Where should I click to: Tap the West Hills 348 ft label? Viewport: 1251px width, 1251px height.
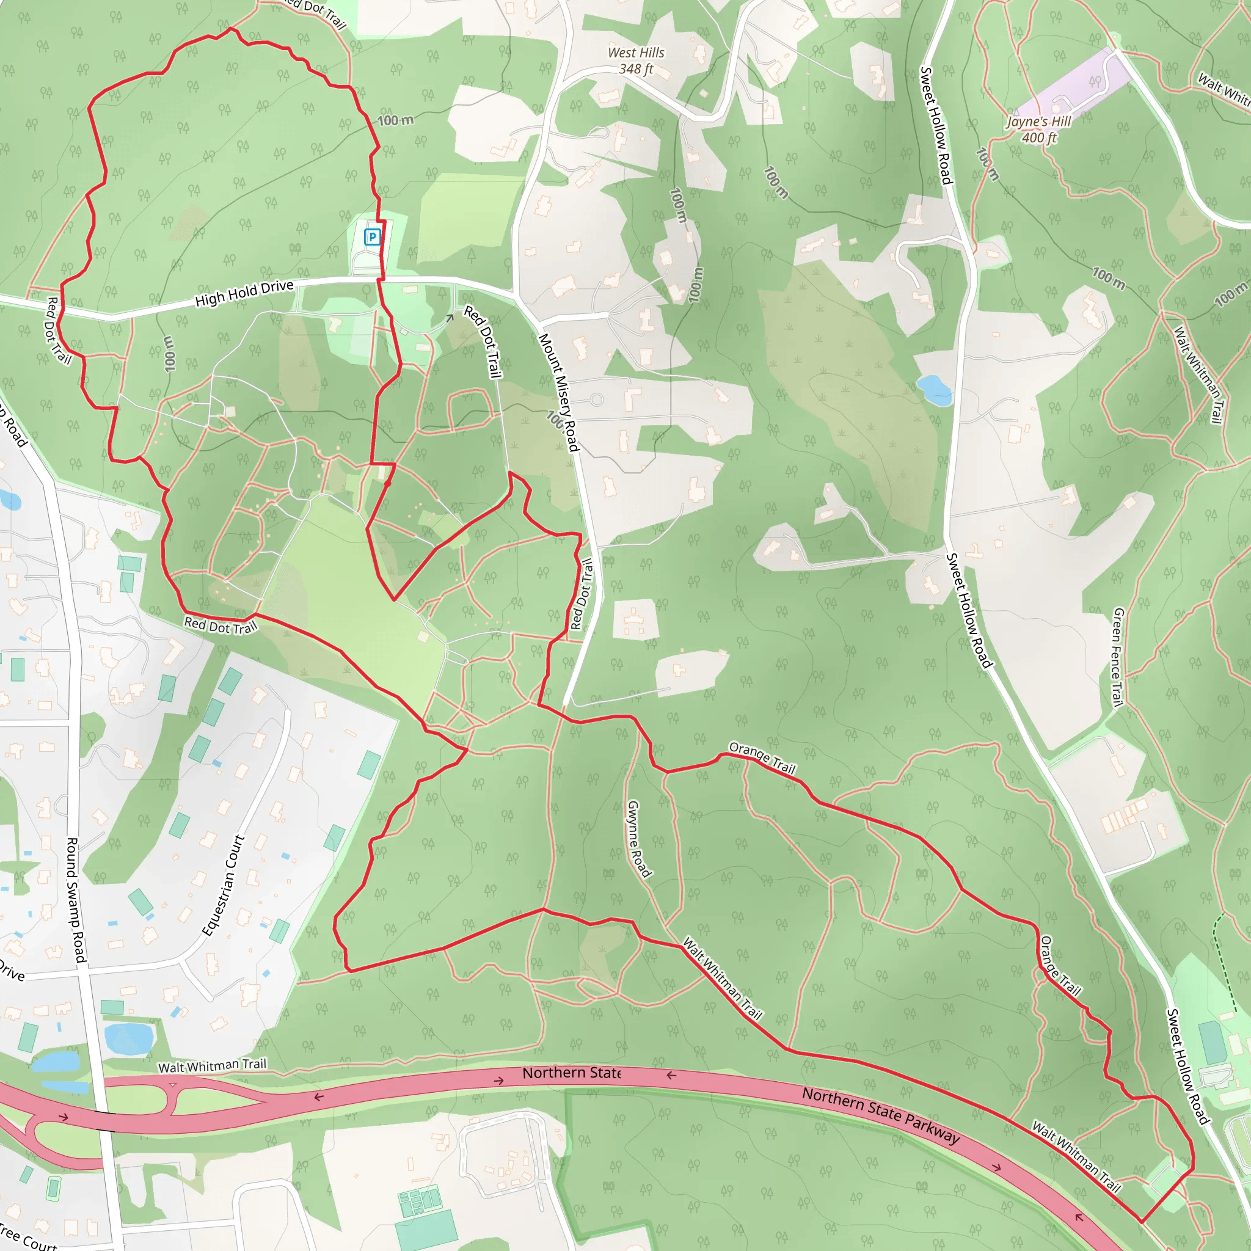click(635, 61)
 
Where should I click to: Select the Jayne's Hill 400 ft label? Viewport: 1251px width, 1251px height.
click(1038, 129)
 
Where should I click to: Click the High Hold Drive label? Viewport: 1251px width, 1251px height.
click(244, 293)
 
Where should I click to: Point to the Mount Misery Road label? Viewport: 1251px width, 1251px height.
click(558, 392)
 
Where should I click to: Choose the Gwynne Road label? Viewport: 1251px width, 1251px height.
click(638, 839)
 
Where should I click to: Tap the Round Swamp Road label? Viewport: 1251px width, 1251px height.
click(76, 900)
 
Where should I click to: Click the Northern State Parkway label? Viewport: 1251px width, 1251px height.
click(881, 1115)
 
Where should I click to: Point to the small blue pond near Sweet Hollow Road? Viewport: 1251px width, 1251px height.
click(934, 389)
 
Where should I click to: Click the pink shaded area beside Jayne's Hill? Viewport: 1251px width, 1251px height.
click(1068, 87)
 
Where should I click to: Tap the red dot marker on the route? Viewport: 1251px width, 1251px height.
click(388, 483)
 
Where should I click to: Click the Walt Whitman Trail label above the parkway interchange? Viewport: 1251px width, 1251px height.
click(213, 1066)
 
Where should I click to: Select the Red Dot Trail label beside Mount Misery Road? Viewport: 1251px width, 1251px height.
click(582, 594)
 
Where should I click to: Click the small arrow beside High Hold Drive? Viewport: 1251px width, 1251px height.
click(450, 318)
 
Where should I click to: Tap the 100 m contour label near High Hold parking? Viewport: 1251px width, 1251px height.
click(395, 120)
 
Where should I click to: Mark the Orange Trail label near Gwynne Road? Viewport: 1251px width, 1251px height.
click(762, 757)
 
